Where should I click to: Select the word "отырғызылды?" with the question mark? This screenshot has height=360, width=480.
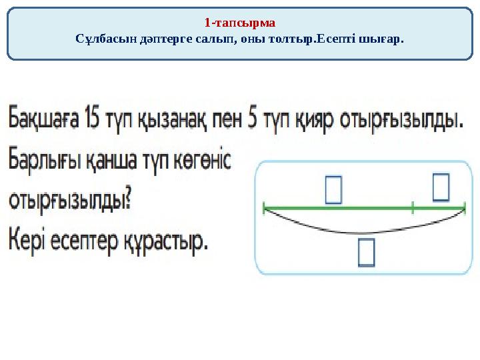[x=69, y=201]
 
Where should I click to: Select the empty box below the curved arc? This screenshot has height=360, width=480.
[x=367, y=253]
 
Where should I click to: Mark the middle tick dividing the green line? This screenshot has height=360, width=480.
[x=413, y=207]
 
